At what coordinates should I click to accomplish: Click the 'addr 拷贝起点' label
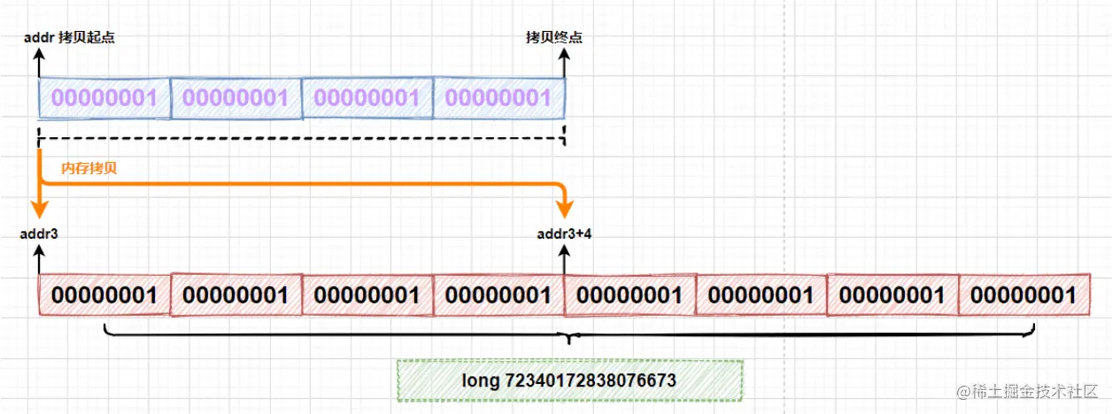(x=71, y=37)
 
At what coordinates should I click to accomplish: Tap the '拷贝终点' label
(x=554, y=37)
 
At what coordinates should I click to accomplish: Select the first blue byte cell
(x=104, y=97)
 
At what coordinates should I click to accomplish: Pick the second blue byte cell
(x=236, y=97)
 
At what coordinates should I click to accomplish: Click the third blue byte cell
(x=367, y=97)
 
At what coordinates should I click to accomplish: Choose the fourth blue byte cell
(x=498, y=97)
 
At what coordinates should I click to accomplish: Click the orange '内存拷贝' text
(x=89, y=167)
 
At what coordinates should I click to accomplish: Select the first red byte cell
(x=104, y=294)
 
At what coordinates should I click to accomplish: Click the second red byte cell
(x=236, y=294)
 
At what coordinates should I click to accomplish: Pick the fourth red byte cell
(x=498, y=294)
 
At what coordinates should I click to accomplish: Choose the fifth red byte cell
(x=629, y=294)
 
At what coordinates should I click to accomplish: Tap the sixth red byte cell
(x=761, y=294)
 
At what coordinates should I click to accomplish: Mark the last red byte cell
(x=1023, y=294)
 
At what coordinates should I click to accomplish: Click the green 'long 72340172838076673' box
(x=569, y=380)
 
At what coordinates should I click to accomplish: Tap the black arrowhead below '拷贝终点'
(x=564, y=56)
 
